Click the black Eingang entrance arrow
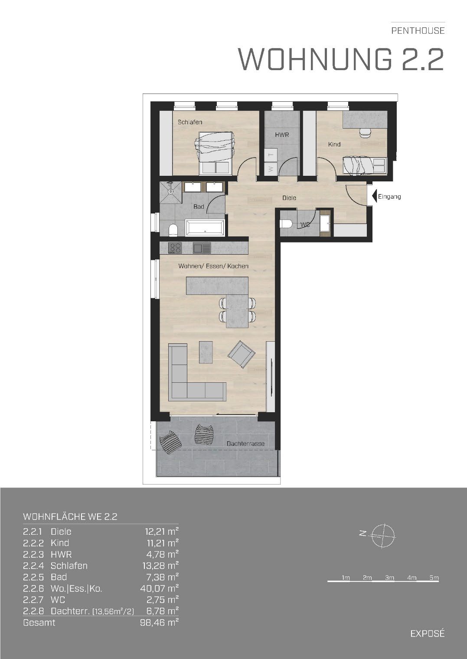click(374, 196)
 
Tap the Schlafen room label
click(190, 122)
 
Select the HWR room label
click(282, 135)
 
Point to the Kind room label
click(334, 145)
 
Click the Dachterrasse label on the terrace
click(245, 443)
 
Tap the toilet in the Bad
click(173, 230)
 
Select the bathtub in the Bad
click(205, 227)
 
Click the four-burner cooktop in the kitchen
click(175, 248)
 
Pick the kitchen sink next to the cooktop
click(202, 248)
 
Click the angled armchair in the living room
click(242, 355)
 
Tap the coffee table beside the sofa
click(206, 352)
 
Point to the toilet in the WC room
click(286, 224)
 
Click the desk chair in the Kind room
click(366, 133)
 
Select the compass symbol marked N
click(382, 536)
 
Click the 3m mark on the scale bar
click(389, 578)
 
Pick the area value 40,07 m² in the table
click(160, 588)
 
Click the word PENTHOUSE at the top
click(418, 31)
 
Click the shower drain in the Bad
click(170, 191)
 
